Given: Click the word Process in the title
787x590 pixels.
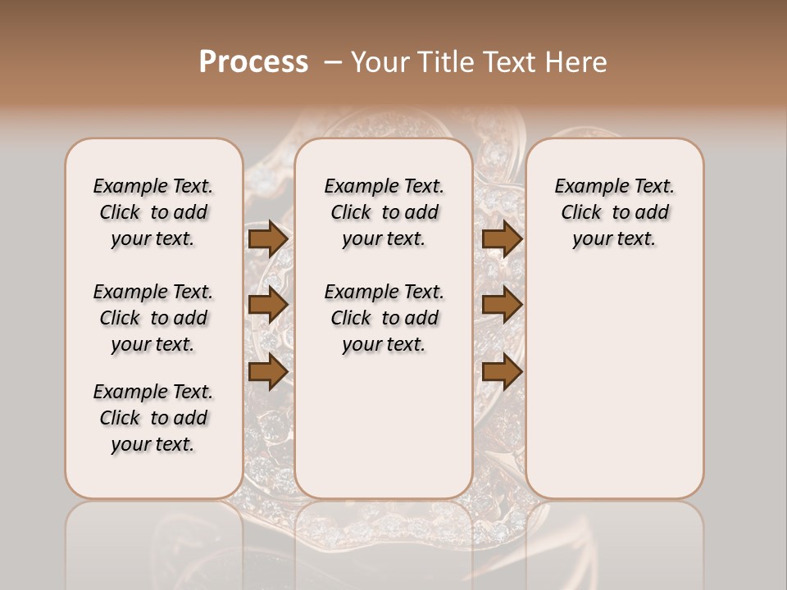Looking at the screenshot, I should coord(253,62).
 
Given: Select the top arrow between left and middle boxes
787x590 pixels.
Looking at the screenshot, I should coord(267,239).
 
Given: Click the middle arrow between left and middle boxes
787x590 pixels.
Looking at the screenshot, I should coord(267,306).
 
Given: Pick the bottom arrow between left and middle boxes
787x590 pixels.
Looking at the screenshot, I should coord(267,372).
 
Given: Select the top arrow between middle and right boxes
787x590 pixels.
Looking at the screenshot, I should coord(502,239).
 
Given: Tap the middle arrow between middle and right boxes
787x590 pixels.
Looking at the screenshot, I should coord(502,306).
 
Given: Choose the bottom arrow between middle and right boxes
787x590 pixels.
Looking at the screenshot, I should coord(502,372).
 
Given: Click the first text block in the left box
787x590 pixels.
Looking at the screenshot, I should coord(153,212).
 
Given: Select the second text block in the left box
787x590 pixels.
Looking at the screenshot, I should coord(153,318).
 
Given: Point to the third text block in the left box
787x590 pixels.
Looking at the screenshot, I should coord(153,418).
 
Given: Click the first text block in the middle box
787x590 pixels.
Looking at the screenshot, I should coord(384,212).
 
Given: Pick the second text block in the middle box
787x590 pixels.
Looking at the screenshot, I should coord(384,318).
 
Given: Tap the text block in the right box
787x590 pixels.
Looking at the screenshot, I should coord(614,212).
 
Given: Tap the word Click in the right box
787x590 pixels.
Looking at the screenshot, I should coord(581,213).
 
